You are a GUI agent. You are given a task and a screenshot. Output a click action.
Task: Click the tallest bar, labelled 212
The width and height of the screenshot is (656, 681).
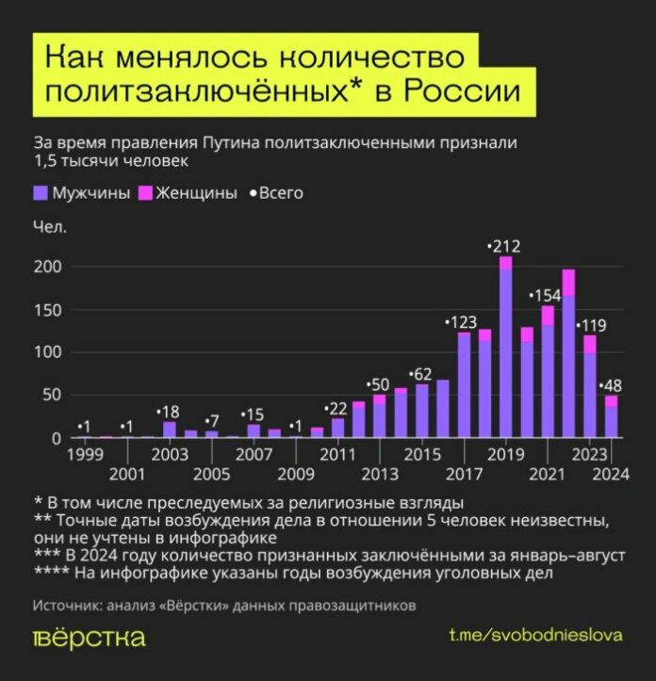(505, 349)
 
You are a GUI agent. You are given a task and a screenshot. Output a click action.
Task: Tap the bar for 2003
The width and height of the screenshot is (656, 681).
(170, 430)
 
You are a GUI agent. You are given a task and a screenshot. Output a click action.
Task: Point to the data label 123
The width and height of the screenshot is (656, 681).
(463, 322)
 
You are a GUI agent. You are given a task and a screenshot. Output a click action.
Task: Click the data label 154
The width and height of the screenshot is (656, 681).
(545, 296)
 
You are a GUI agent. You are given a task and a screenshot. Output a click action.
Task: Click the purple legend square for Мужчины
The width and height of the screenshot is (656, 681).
(41, 193)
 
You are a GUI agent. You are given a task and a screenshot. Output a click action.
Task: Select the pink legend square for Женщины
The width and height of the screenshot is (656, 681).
(146, 193)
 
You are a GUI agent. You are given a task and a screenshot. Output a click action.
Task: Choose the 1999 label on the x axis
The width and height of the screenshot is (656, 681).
(85, 455)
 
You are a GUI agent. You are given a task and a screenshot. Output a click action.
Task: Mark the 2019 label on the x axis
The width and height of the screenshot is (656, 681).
(505, 455)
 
